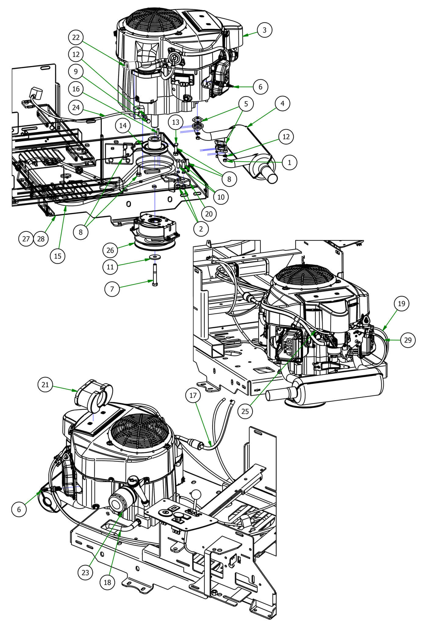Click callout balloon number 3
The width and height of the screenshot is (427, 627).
264,30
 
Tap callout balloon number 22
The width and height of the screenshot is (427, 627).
76,38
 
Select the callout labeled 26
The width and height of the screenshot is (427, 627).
110,250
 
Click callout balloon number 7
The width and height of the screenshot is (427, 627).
112,289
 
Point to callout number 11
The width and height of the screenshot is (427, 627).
110,267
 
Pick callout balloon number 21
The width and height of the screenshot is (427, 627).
45,385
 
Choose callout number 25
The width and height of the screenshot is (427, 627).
245,411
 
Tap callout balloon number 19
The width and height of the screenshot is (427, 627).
402,304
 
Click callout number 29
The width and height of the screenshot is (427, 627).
408,340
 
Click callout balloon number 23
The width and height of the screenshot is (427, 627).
85,572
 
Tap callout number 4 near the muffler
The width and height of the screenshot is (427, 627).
282,104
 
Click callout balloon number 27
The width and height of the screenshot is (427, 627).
26,239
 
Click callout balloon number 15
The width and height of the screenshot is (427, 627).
58,256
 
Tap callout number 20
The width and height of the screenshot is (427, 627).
209,213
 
